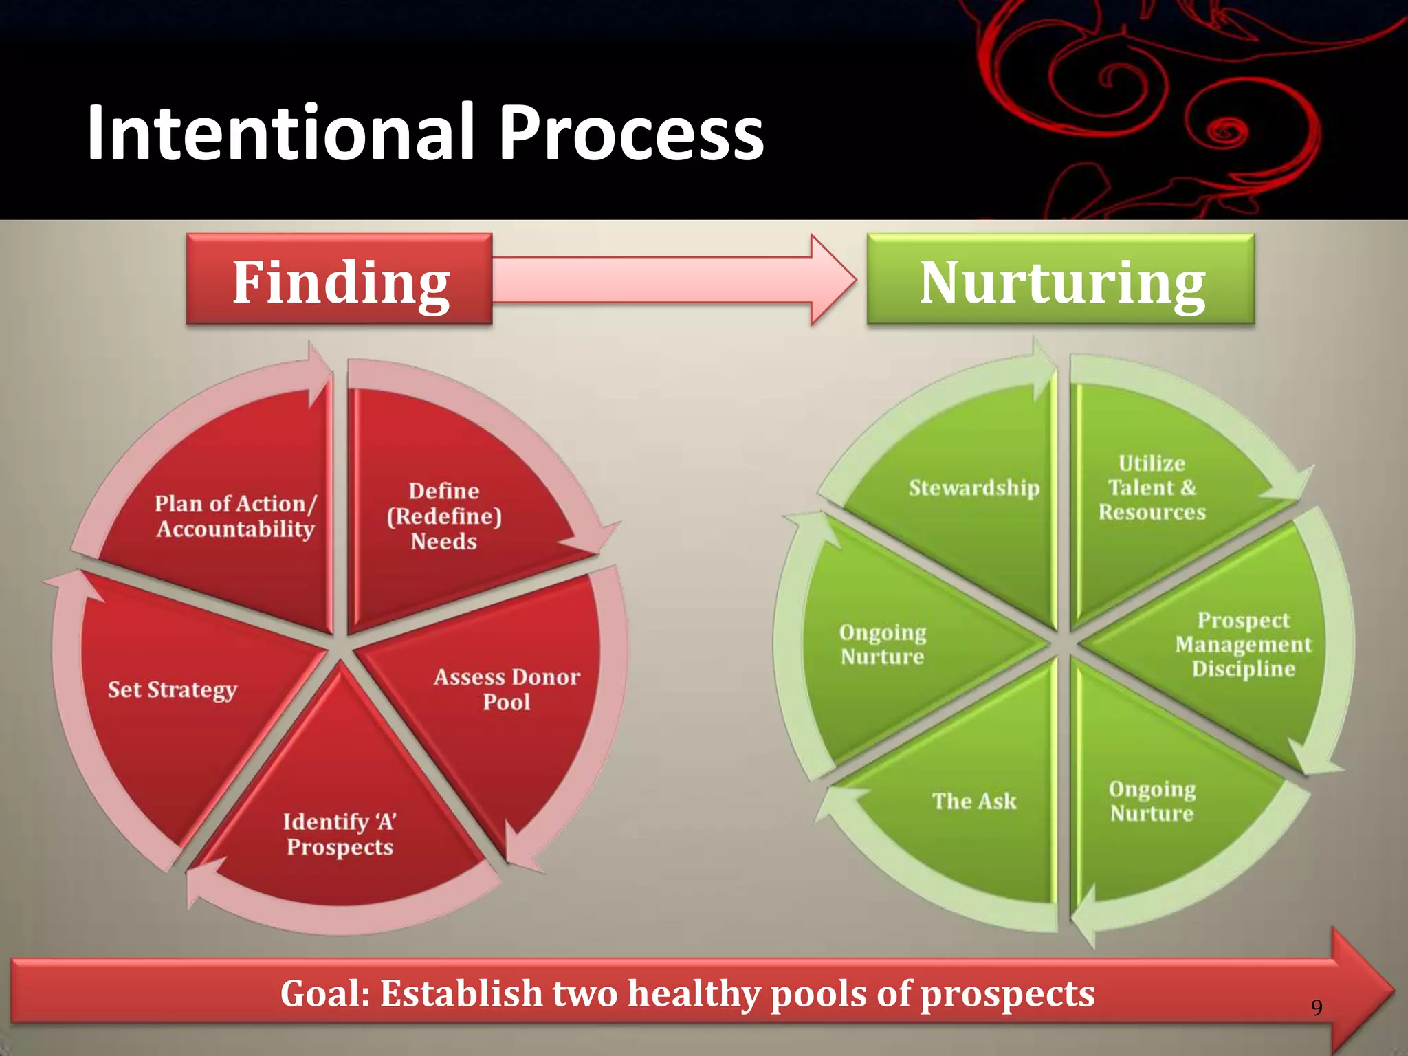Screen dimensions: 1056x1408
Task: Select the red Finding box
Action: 340,279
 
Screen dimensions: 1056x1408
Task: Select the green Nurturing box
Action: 1061,279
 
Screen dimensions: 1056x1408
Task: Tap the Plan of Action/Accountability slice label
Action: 235,516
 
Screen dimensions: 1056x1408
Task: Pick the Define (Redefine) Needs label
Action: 444,516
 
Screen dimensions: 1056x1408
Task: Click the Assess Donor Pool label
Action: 507,690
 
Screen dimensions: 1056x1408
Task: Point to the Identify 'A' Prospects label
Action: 340,834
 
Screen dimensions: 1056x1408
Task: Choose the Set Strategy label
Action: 172,690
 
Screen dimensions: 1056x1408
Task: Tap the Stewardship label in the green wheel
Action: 974,488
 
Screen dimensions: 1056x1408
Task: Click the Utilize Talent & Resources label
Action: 1152,488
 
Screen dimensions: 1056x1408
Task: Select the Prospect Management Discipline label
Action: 1243,645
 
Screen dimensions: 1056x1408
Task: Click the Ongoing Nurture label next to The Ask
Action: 1152,802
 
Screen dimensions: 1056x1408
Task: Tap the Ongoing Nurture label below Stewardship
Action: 883,645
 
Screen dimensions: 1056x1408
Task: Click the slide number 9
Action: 1316,1008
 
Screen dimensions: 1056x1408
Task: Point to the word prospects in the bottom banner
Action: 1007,994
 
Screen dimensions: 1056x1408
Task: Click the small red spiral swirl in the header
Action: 1223,129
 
